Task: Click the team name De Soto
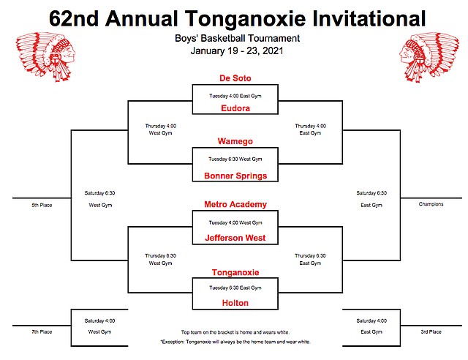[235, 78]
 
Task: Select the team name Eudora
[235, 108]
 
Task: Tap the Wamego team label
[235, 141]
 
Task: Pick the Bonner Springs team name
[235, 176]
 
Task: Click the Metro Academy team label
[235, 204]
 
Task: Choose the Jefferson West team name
[235, 238]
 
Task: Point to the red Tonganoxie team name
[235, 272]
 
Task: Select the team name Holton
[235, 303]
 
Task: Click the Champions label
[431, 204]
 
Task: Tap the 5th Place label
[42, 206]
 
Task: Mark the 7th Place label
[42, 332]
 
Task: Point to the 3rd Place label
[431, 332]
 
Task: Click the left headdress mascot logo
[45, 57]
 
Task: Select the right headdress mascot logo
[429, 57]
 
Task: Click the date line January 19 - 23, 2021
[237, 50]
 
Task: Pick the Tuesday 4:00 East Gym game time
[235, 96]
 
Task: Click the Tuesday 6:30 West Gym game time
[235, 160]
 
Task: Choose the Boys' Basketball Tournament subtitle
[237, 38]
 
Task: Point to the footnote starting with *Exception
[235, 342]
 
